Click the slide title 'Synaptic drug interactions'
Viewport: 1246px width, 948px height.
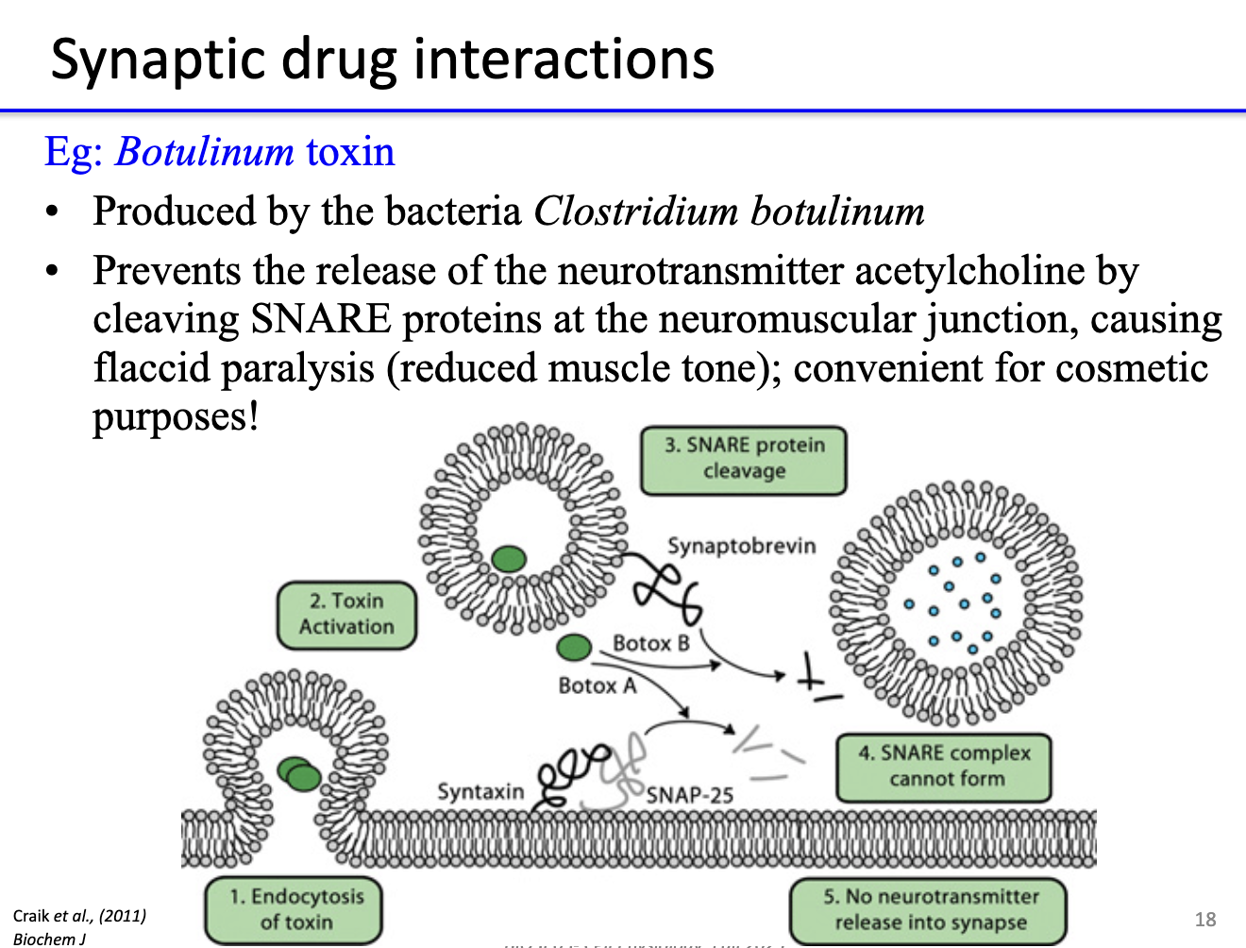382,59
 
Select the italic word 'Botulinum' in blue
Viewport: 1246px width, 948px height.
205,152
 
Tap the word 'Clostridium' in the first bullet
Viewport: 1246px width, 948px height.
635,212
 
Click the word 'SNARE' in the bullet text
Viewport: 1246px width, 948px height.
321,319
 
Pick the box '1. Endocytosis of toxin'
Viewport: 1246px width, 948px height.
295,909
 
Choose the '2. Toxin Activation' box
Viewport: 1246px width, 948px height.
346,614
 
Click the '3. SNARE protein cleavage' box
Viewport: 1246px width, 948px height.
743,459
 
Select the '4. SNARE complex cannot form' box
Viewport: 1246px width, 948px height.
944,766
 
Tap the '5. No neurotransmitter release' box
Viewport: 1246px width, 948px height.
929,909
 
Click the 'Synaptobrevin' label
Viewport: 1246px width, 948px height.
741,546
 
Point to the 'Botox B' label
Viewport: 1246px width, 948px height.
650,643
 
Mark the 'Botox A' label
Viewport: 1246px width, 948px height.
597,686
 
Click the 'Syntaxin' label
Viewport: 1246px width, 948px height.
480,791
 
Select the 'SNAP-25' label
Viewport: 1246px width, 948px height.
689,795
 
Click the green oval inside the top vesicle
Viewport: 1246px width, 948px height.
509,559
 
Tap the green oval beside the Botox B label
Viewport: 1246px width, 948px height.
573,647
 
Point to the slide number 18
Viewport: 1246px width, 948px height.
1204,919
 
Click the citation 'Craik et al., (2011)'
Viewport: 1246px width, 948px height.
79,915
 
